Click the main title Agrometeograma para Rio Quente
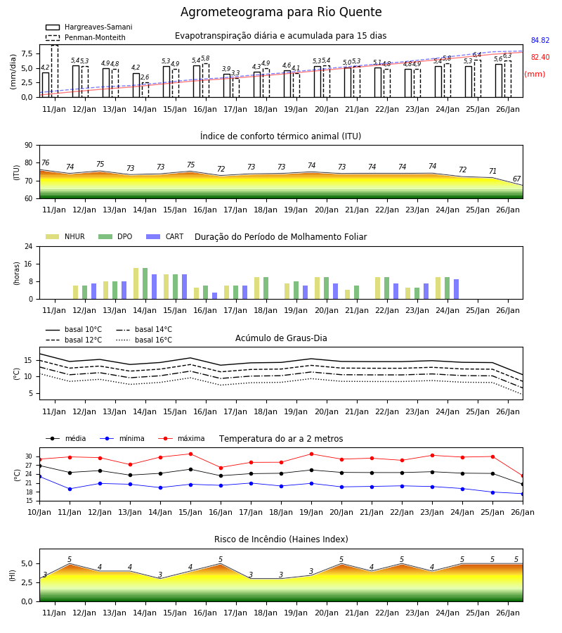coord(281,12)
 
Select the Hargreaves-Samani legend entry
coord(89,27)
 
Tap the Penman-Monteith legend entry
coord(86,37)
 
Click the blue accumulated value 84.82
coord(540,40)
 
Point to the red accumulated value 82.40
coord(540,58)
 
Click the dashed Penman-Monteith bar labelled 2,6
coord(145,90)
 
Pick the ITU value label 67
coord(516,179)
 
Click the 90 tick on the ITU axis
coord(29,146)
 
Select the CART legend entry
coord(165,236)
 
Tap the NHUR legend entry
coord(65,236)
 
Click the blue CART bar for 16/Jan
coord(214,296)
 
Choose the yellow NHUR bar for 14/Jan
coord(136,284)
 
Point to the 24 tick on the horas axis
coord(29,246)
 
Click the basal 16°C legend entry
coord(144,340)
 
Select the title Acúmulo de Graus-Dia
coord(281,338)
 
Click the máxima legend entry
coord(181,438)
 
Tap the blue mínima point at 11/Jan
coord(70,489)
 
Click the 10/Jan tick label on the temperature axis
coord(39,512)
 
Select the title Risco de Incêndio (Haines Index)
coord(281,539)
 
